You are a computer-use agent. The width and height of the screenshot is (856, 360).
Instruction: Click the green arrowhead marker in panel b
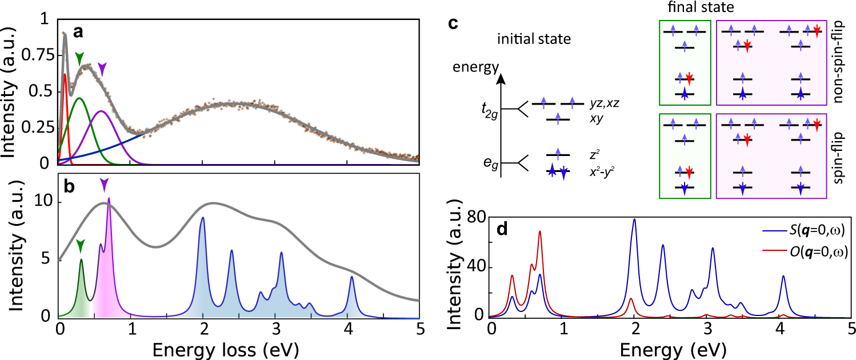(x=81, y=246)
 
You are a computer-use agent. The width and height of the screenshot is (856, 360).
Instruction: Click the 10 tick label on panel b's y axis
(x=43, y=203)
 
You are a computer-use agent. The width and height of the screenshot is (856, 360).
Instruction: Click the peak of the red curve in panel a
(x=65, y=74)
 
